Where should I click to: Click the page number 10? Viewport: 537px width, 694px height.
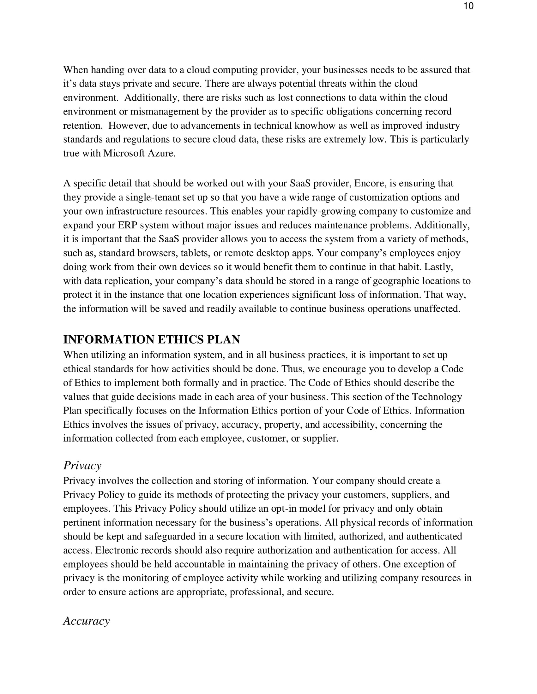tap(468, 6)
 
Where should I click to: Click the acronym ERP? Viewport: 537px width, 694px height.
tap(127, 225)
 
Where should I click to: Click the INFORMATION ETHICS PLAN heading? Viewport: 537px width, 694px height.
tap(151, 339)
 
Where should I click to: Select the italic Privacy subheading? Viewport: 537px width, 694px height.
tap(82, 466)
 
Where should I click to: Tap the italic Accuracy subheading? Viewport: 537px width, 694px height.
tap(86, 620)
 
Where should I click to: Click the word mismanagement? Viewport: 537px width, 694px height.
tap(165, 112)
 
